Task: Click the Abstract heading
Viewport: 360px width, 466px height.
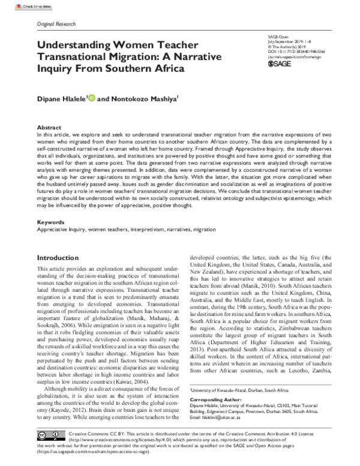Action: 49,128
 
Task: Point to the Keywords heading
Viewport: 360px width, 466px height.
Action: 51,222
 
